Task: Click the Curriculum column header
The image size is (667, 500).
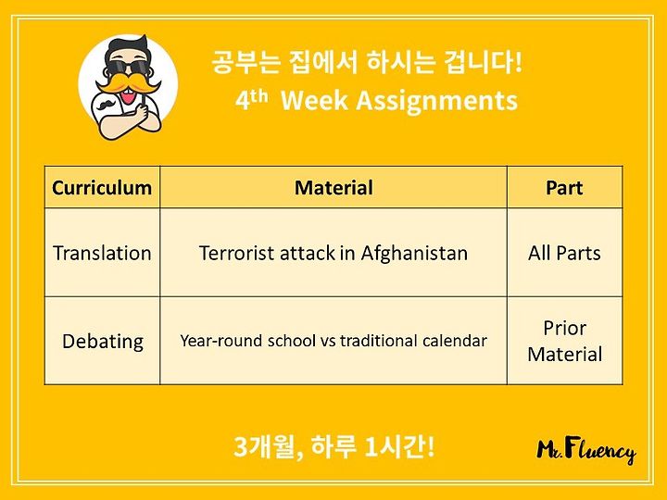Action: tap(102, 188)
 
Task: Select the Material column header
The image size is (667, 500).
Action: tap(333, 188)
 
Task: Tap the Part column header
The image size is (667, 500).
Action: tap(564, 188)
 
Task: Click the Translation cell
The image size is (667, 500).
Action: tap(102, 253)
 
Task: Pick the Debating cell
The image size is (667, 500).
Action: tap(103, 342)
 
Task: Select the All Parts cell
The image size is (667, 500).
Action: tap(564, 253)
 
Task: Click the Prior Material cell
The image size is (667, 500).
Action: tap(565, 341)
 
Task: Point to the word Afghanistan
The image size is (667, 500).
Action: tap(414, 253)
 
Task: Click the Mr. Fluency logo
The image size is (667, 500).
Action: tap(586, 451)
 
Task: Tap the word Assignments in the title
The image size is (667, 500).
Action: tap(437, 102)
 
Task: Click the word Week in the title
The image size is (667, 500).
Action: tap(314, 101)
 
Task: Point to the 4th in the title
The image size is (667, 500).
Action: tap(251, 100)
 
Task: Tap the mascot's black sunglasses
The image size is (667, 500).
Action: tap(127, 68)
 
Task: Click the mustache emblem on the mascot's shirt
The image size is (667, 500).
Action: tap(107, 104)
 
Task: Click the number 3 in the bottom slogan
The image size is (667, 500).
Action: tap(241, 447)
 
